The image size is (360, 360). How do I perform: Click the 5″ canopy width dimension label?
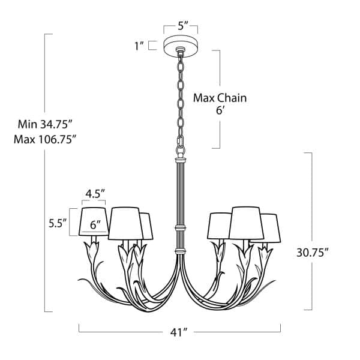point(183,25)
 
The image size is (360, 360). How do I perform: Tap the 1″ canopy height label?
point(139,46)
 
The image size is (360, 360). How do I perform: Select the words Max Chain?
point(220,98)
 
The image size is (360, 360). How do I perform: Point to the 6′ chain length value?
point(220,111)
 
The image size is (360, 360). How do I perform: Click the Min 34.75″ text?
point(45,125)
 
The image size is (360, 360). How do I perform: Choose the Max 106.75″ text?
point(45,139)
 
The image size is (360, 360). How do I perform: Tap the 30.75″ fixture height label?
point(313,253)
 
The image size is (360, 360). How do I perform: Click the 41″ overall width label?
point(179,332)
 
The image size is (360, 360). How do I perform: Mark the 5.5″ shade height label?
point(58,223)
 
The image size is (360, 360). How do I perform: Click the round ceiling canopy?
point(181,46)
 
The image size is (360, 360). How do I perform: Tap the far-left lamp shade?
point(94,221)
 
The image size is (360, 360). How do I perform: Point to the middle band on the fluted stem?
point(181,228)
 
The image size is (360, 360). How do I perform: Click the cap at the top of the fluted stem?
point(181,160)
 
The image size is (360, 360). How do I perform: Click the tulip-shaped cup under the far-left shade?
point(92,250)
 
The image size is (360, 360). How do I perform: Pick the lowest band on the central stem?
point(181,251)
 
